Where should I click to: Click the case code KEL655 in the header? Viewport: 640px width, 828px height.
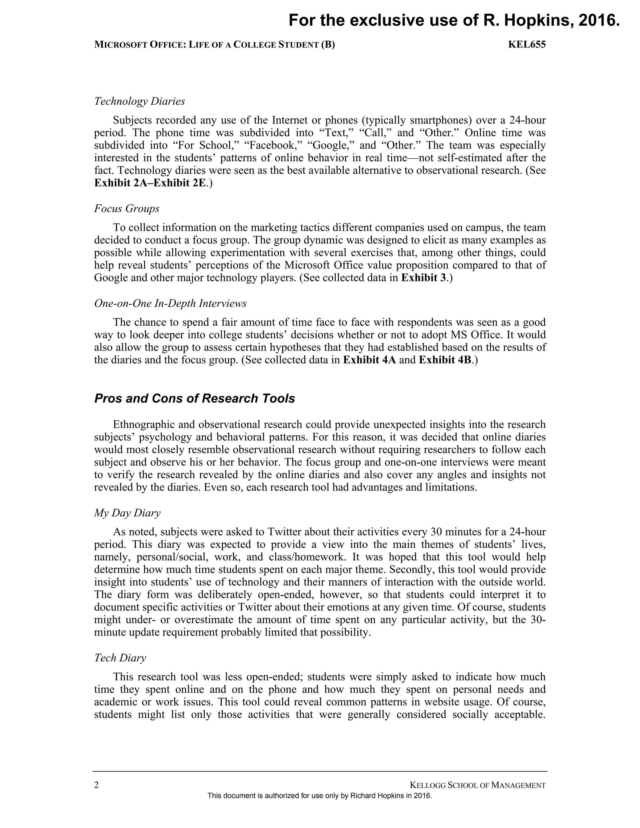coord(527,45)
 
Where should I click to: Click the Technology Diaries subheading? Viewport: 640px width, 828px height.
coord(139,101)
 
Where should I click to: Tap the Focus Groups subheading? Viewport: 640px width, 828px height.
coord(127,208)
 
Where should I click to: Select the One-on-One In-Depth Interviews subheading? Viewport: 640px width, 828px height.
coord(170,303)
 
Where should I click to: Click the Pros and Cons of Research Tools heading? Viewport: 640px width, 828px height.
coord(194,398)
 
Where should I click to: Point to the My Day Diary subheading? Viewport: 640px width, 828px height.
coord(127,513)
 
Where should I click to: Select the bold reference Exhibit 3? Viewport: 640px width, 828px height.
coord(423,278)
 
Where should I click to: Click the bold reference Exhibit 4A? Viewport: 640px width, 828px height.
coord(369,360)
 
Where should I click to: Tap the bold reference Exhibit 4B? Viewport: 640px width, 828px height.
coord(445,360)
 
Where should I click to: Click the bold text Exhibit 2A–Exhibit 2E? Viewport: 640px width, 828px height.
coord(150,183)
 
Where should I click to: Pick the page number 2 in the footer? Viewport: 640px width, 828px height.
coord(96,785)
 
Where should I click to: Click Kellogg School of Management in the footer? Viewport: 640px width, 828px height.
coord(478,785)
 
